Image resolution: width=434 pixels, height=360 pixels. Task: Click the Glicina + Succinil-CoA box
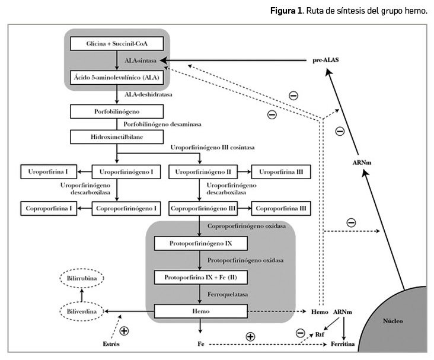[116, 44]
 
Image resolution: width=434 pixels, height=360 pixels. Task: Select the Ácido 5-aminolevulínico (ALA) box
[116, 77]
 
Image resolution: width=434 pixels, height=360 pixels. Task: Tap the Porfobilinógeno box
[116, 111]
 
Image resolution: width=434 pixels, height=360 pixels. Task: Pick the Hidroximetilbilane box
[116, 136]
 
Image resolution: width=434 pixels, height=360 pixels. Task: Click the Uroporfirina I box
[48, 173]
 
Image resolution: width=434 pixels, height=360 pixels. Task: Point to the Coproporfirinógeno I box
[126, 209]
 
